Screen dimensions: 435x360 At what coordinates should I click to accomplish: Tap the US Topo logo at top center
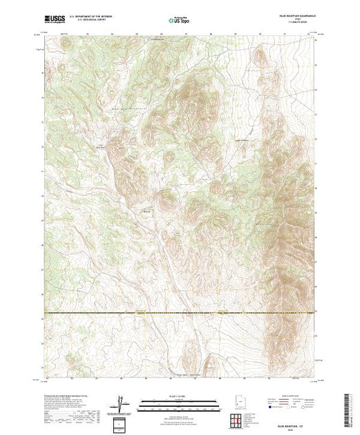[180, 21]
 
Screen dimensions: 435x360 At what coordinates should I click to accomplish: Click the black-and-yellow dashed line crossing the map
[180, 314]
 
